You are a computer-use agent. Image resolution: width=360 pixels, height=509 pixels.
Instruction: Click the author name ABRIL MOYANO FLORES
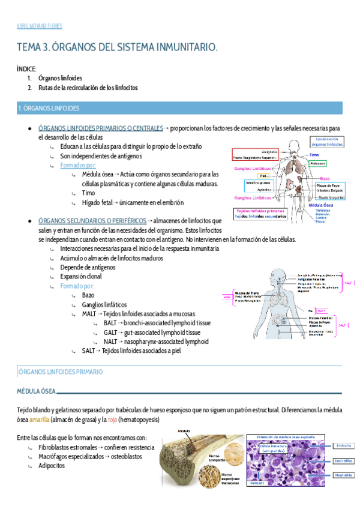pos(40,26)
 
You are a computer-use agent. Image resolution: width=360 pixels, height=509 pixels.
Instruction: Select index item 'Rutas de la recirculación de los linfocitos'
pos(88,88)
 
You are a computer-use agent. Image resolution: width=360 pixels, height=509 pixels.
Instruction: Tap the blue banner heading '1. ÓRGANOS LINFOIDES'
pos(53,109)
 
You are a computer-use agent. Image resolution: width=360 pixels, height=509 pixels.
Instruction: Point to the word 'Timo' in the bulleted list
pos(89,193)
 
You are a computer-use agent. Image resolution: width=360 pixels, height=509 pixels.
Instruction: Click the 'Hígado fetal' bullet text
pos(100,203)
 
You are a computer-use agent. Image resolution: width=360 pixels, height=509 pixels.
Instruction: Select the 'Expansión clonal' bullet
pos(81,277)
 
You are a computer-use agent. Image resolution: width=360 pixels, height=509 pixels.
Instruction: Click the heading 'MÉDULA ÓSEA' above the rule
pos(35,391)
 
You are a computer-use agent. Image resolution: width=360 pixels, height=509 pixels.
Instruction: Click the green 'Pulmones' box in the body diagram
pos(319,163)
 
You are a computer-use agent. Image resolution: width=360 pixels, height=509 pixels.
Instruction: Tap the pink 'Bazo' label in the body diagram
pos(325,179)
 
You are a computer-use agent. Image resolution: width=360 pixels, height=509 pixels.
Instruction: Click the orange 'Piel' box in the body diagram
pos(264,176)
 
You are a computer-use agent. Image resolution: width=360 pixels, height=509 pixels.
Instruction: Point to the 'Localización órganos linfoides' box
pos(327,142)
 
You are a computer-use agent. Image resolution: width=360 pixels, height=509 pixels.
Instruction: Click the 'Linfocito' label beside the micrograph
pos(343,446)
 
